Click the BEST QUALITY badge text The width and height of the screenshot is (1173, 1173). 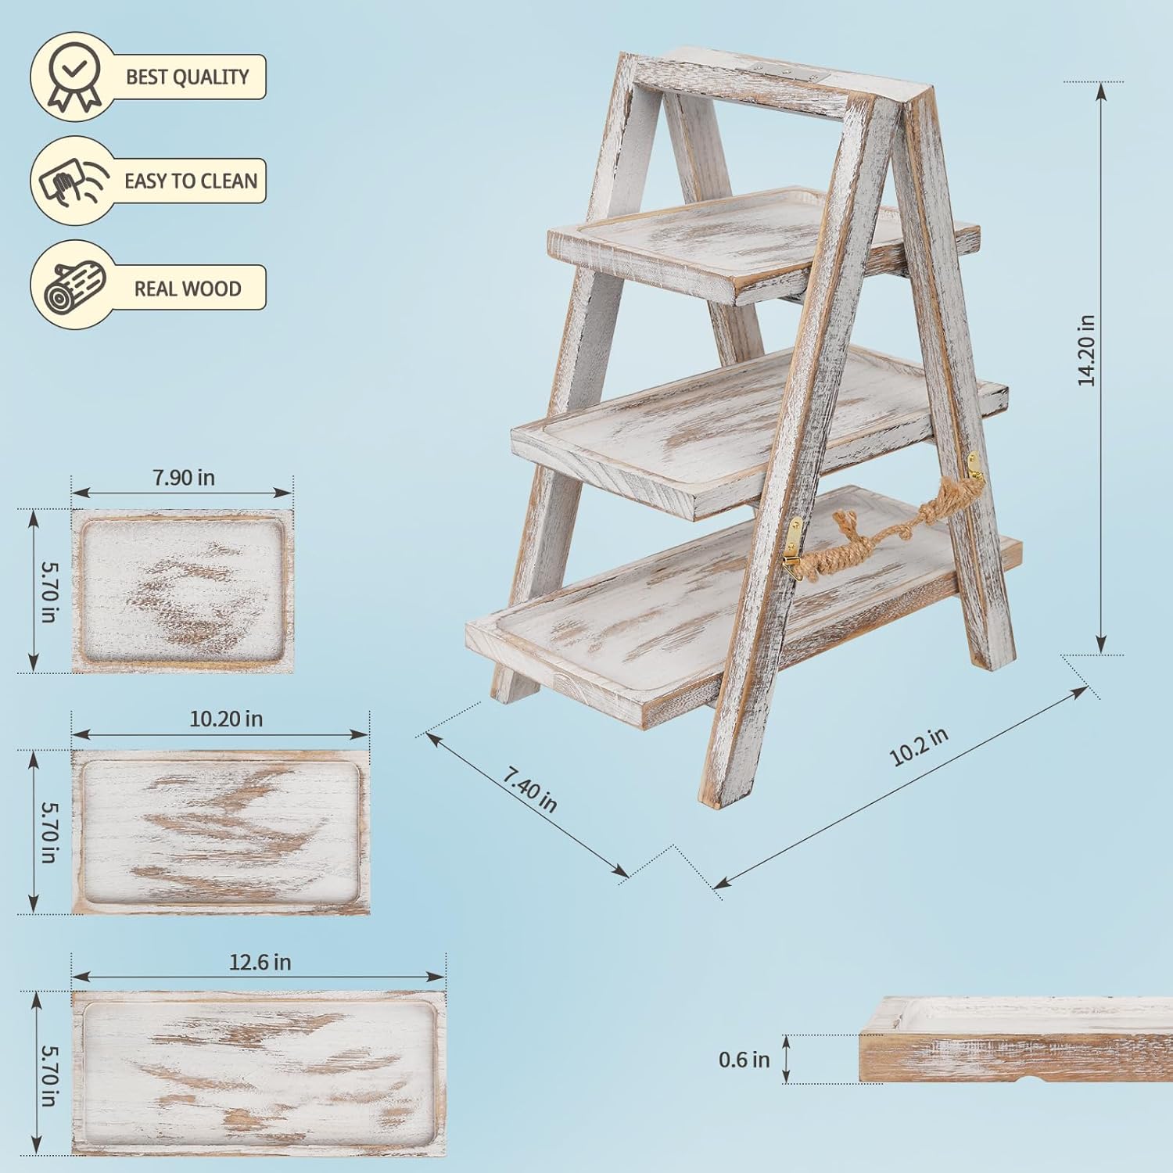[x=188, y=77]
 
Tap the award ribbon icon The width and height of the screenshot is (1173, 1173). [x=73, y=77]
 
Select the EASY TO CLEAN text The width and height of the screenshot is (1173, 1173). [x=191, y=181]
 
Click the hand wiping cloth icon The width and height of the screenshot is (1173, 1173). [x=71, y=181]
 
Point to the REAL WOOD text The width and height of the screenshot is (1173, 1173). [x=188, y=289]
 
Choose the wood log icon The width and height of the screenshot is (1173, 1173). [x=74, y=287]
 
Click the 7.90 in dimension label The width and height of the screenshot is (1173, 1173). [x=184, y=477]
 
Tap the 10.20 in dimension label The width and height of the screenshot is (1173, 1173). [x=226, y=719]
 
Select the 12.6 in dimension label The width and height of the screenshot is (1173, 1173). [x=260, y=962]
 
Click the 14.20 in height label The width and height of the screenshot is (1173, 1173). [x=1086, y=350]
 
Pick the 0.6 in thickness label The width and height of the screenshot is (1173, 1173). [x=744, y=1060]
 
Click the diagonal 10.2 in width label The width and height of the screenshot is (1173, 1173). [x=920, y=746]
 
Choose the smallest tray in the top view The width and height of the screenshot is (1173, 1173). [x=182, y=590]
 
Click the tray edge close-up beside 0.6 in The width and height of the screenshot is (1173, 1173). [x=1017, y=1041]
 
